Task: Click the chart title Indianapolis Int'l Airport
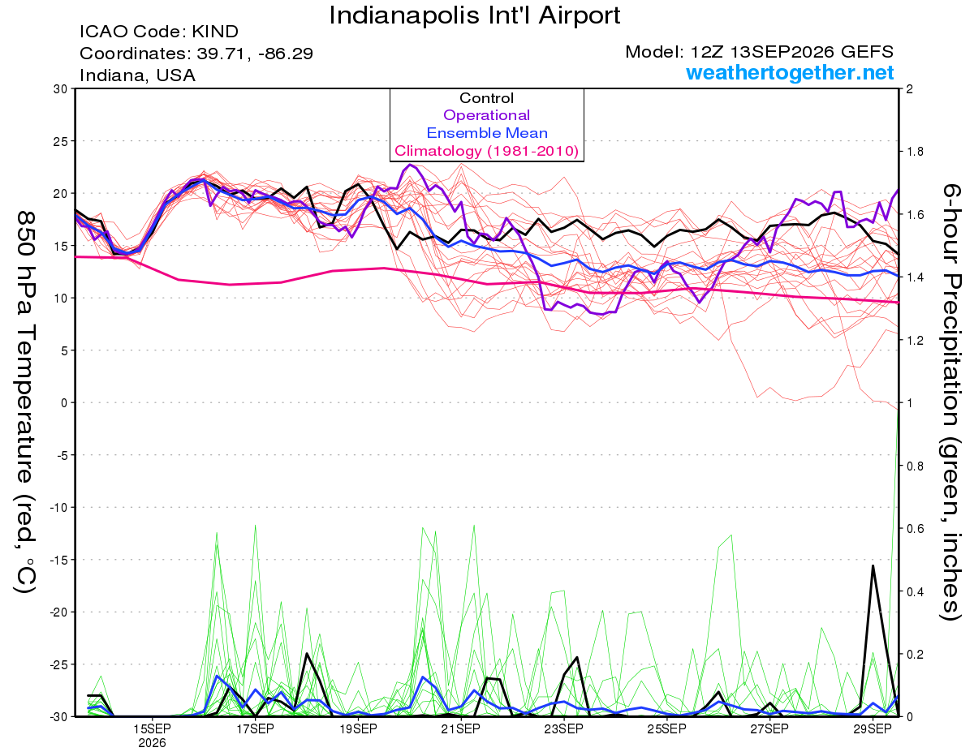[475, 15]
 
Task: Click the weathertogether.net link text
[790, 72]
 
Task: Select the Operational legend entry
[486, 115]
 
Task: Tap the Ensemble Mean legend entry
[487, 133]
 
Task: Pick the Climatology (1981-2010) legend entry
[487, 151]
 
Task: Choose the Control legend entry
[486, 98]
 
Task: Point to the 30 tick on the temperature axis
[60, 89]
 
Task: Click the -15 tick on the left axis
[58, 560]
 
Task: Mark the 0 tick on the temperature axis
[64, 402]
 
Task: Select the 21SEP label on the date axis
[460, 729]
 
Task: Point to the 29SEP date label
[873, 729]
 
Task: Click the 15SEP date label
[152, 729]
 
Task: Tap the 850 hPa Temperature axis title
[25, 402]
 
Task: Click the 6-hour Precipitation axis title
[950, 402]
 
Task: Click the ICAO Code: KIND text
[159, 32]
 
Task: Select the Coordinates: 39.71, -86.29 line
[196, 54]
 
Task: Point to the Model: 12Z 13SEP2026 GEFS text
[759, 52]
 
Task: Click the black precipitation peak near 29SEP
[873, 565]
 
